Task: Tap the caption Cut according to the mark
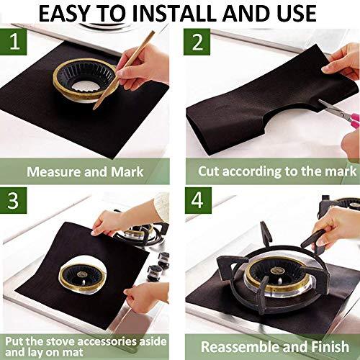pyautogui.click(x=277, y=172)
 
